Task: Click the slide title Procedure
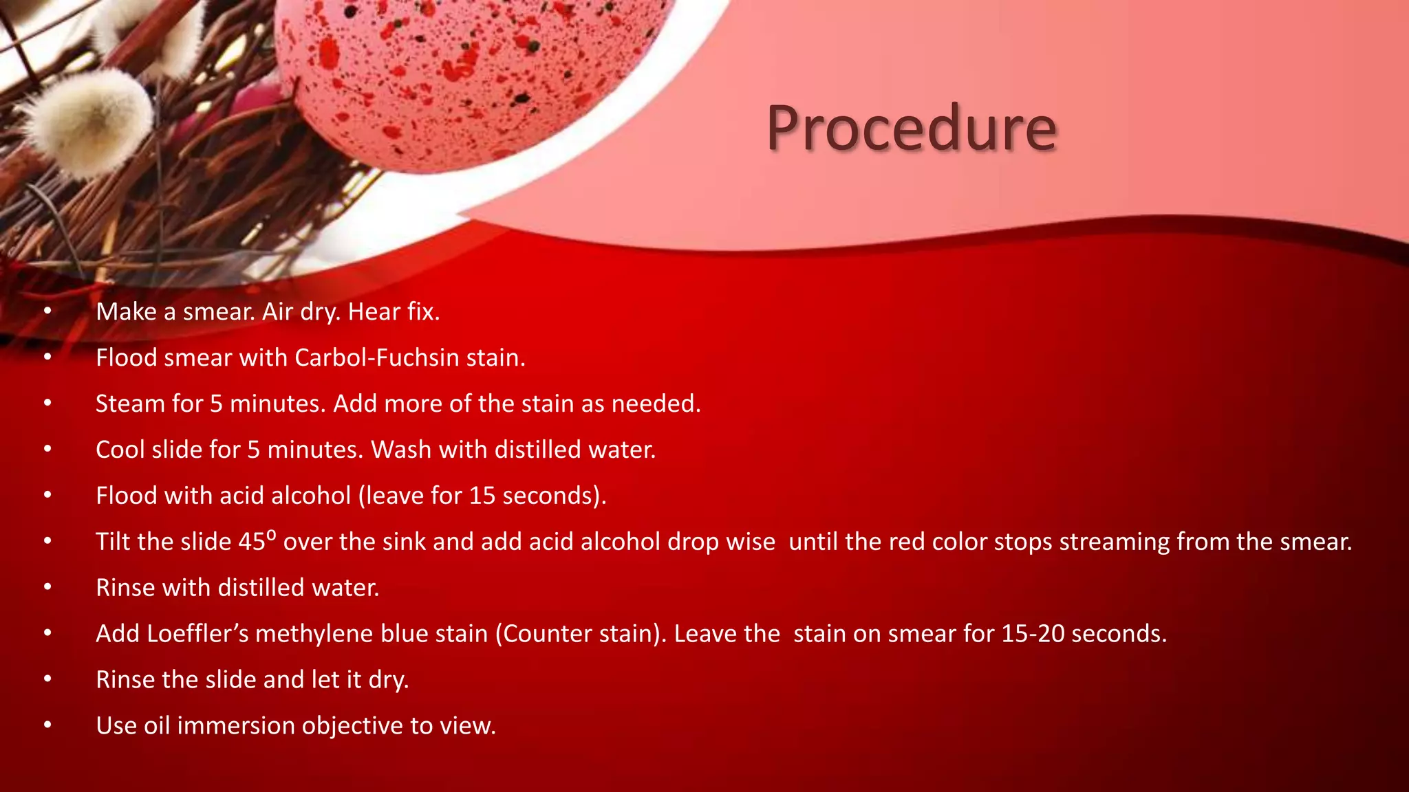(912, 129)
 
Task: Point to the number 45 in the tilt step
(251, 542)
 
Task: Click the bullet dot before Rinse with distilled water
(47, 587)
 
